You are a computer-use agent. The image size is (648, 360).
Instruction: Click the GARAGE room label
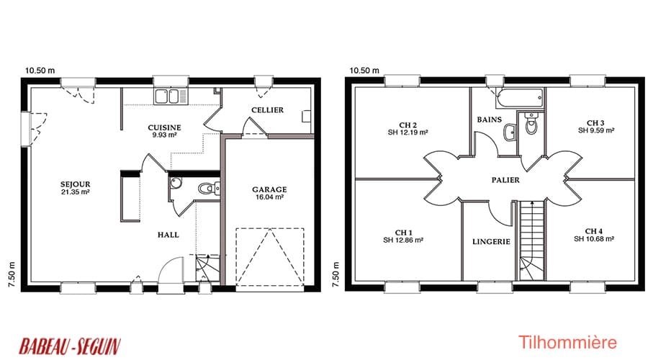pyautogui.click(x=269, y=189)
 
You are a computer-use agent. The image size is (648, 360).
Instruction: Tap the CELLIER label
pyautogui.click(x=267, y=110)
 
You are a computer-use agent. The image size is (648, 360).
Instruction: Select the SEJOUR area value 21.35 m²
pyautogui.click(x=75, y=192)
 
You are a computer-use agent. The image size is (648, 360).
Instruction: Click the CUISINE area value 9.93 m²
pyautogui.click(x=164, y=135)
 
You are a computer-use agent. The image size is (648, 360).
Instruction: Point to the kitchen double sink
pyautogui.click(x=171, y=96)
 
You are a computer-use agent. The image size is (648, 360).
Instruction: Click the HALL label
pyautogui.click(x=168, y=235)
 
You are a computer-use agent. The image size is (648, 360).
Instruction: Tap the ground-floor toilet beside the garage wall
pyautogui.click(x=209, y=189)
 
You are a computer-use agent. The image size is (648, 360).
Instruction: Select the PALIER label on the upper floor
pyautogui.click(x=505, y=180)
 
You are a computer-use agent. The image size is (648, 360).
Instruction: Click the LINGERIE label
pyautogui.click(x=491, y=241)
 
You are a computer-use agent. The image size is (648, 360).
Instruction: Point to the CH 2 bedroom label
pyautogui.click(x=408, y=125)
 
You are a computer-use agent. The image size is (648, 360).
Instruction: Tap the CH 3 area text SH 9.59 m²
pyautogui.click(x=596, y=130)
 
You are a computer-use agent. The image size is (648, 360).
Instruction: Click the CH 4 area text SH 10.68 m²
pyautogui.click(x=594, y=239)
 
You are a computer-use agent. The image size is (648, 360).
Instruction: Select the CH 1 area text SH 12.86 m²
pyautogui.click(x=403, y=240)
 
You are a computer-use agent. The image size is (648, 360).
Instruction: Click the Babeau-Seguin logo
pyautogui.click(x=71, y=346)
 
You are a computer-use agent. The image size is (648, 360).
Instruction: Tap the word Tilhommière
pyautogui.click(x=567, y=343)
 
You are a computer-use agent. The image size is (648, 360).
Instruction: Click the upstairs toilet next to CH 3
pyautogui.click(x=530, y=123)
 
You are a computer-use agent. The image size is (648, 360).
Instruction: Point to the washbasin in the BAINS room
pyautogui.click(x=510, y=132)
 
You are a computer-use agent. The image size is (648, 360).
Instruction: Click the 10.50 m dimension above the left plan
pyautogui.click(x=40, y=71)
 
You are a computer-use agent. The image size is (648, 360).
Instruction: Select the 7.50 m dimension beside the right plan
pyautogui.click(x=336, y=274)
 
